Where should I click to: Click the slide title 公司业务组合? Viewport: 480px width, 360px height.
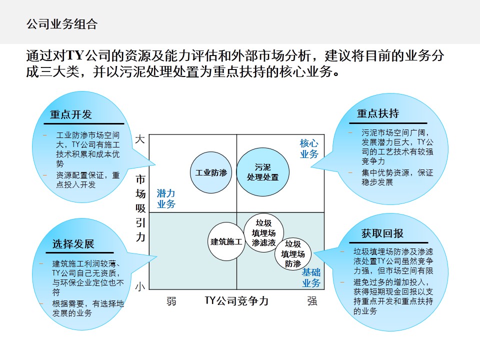61,23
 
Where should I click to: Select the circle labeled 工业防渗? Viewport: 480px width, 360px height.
210,173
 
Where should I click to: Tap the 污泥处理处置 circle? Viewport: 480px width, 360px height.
262,172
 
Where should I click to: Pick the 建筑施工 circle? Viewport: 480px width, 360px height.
226,241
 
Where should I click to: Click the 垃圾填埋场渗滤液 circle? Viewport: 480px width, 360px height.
263,233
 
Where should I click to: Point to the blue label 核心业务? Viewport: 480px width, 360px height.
309,149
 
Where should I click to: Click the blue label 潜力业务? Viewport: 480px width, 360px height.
166,198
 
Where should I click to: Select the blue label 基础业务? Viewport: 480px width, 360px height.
311,278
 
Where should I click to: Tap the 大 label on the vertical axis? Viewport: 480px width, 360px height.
140,139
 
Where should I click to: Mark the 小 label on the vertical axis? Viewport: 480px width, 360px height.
140,286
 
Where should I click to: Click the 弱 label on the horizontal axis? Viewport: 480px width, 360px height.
171,301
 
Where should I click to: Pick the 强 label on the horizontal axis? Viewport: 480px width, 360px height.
312,301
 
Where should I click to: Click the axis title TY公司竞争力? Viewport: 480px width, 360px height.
236,301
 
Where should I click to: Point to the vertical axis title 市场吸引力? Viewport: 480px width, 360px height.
141,207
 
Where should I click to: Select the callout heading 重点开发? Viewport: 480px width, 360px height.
71,114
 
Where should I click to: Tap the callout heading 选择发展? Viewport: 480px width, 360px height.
73,244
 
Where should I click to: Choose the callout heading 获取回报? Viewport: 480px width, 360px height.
382,233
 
